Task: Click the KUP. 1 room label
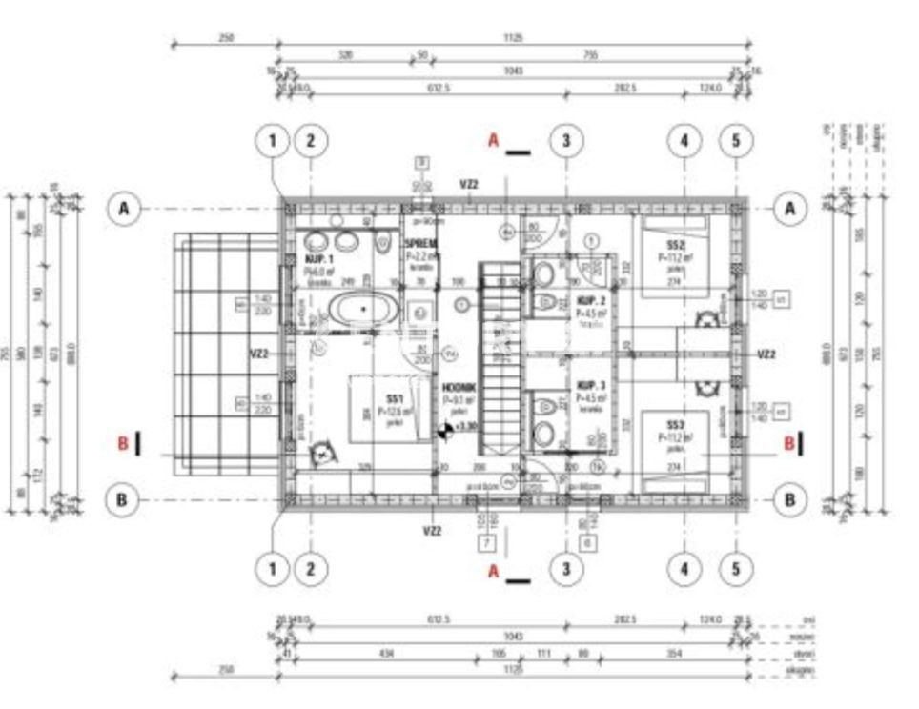coord(318,259)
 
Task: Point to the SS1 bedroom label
coord(395,398)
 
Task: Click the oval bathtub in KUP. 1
coord(363,308)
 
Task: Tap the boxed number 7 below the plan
coord(488,544)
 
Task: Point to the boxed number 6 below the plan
coord(588,544)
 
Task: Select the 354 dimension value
coord(676,653)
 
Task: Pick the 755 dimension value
coord(590,54)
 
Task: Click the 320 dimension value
coord(345,54)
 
